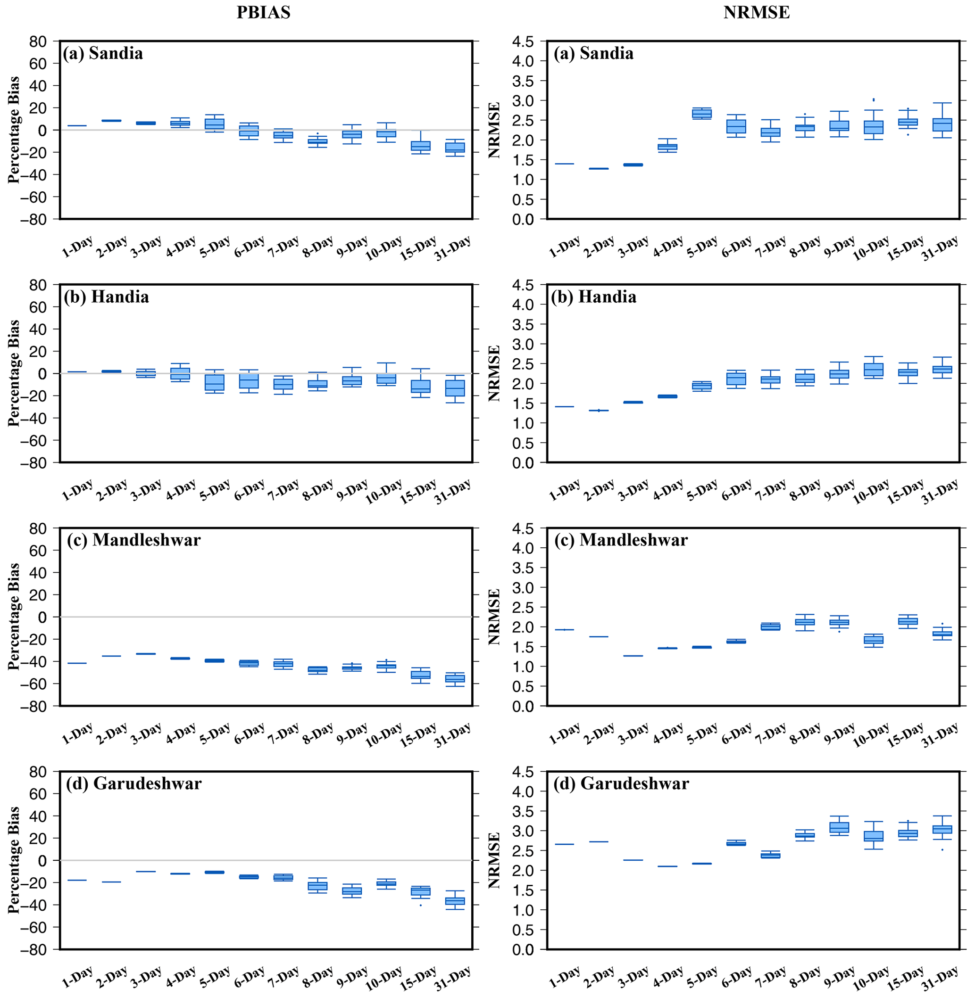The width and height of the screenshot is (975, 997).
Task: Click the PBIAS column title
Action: pyautogui.click(x=263, y=12)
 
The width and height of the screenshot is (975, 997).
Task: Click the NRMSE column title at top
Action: pyautogui.click(x=756, y=12)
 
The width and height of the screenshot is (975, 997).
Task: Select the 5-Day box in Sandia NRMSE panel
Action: pyautogui.click(x=701, y=114)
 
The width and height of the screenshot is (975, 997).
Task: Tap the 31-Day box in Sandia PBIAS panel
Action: pyautogui.click(x=454, y=148)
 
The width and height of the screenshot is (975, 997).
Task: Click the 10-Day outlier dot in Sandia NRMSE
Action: pyautogui.click(x=873, y=100)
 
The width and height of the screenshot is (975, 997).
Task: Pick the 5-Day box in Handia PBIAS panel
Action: pyautogui.click(x=214, y=382)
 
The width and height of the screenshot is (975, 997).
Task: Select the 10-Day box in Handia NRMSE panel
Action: pyautogui.click(x=873, y=370)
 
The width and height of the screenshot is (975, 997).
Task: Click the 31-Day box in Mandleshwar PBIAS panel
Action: pyautogui.click(x=454, y=679)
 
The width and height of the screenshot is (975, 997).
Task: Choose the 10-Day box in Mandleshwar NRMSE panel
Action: pyautogui.click(x=873, y=640)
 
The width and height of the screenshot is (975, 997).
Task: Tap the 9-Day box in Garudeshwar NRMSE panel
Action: pyautogui.click(x=839, y=828)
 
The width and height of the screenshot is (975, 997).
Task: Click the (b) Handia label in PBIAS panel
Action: pyautogui.click(x=107, y=297)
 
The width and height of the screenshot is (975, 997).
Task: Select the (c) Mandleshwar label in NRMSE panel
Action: pyautogui.click(x=621, y=540)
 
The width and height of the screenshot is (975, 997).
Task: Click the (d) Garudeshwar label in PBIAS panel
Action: pyautogui.click(x=133, y=783)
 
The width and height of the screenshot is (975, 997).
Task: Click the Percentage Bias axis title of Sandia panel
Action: pyautogui.click(x=14, y=130)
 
